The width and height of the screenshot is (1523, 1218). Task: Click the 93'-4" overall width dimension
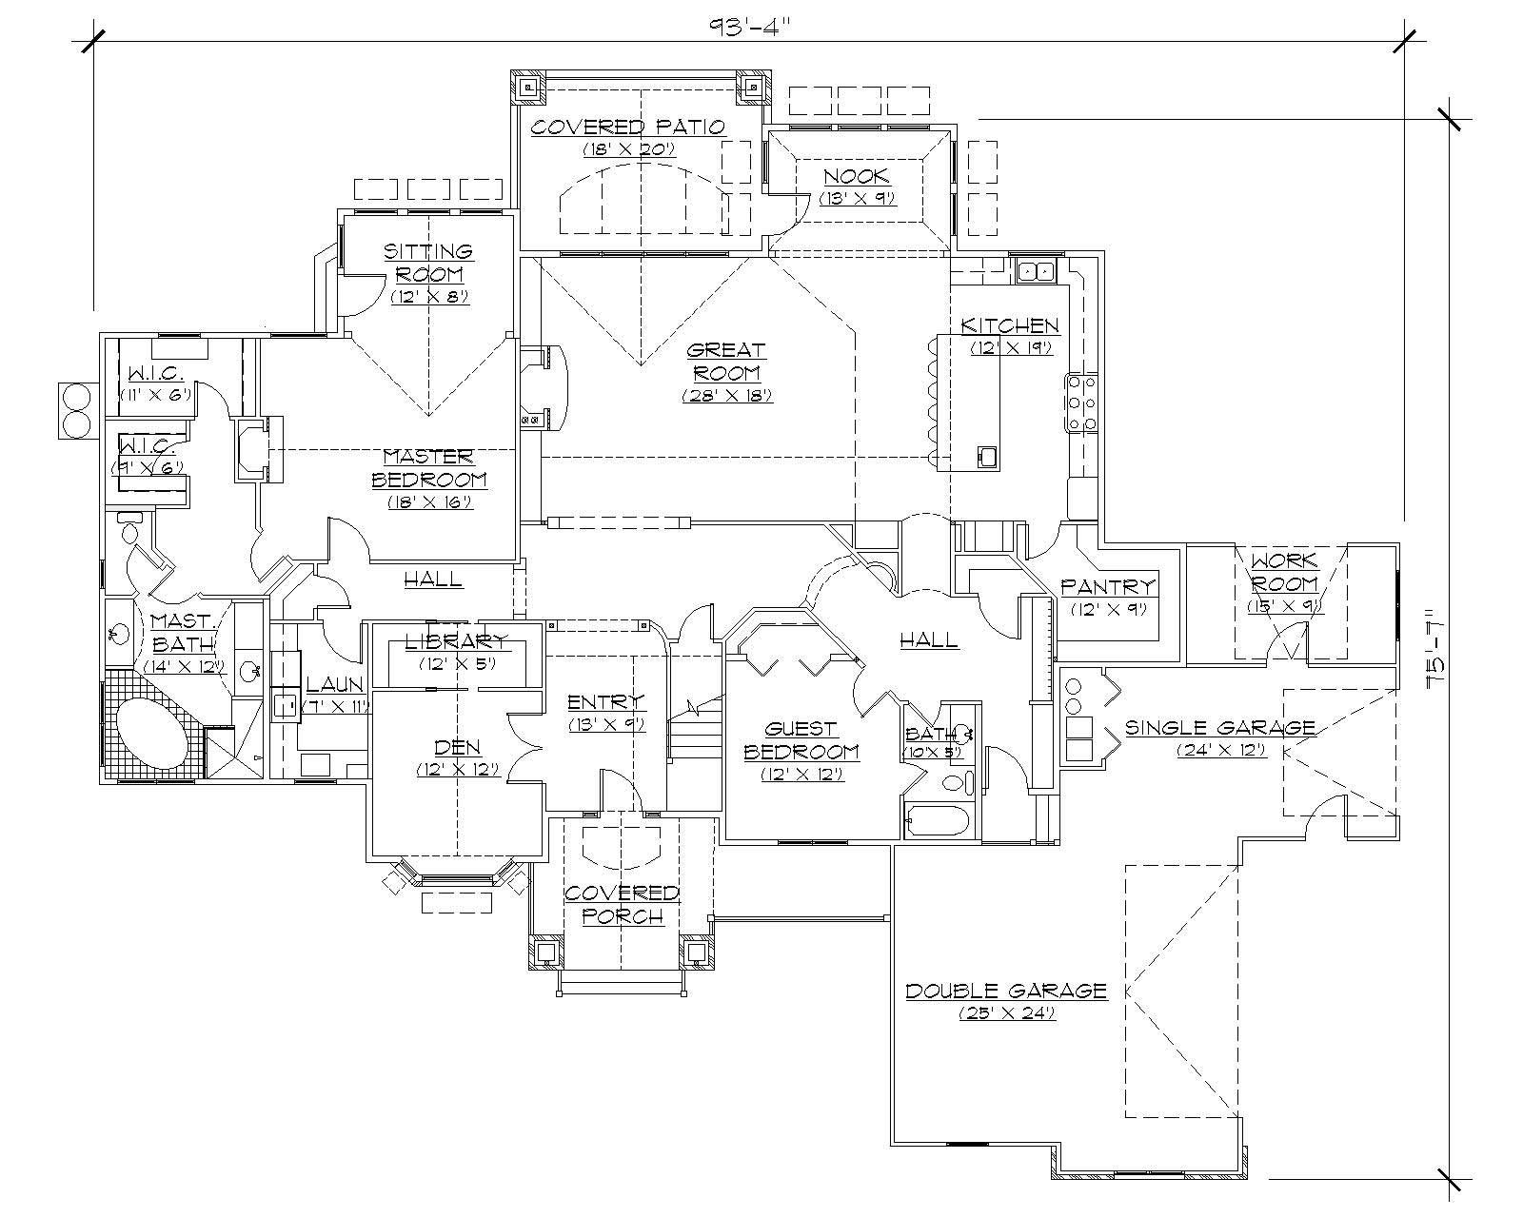(750, 22)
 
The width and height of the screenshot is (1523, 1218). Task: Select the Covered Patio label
(628, 127)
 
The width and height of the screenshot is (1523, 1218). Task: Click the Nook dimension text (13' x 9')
(858, 198)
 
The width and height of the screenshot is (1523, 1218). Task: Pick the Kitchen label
(1010, 325)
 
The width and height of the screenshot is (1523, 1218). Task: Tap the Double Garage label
(1006, 991)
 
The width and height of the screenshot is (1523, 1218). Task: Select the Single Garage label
(1220, 727)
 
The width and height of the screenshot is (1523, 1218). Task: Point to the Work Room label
(1284, 572)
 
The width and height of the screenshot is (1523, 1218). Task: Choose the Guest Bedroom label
(801, 739)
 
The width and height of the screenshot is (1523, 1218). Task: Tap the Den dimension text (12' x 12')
(458, 769)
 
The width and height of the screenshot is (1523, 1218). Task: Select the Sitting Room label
(428, 262)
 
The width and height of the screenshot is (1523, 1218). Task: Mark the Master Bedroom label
(429, 467)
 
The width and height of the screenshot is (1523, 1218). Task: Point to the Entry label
(606, 702)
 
